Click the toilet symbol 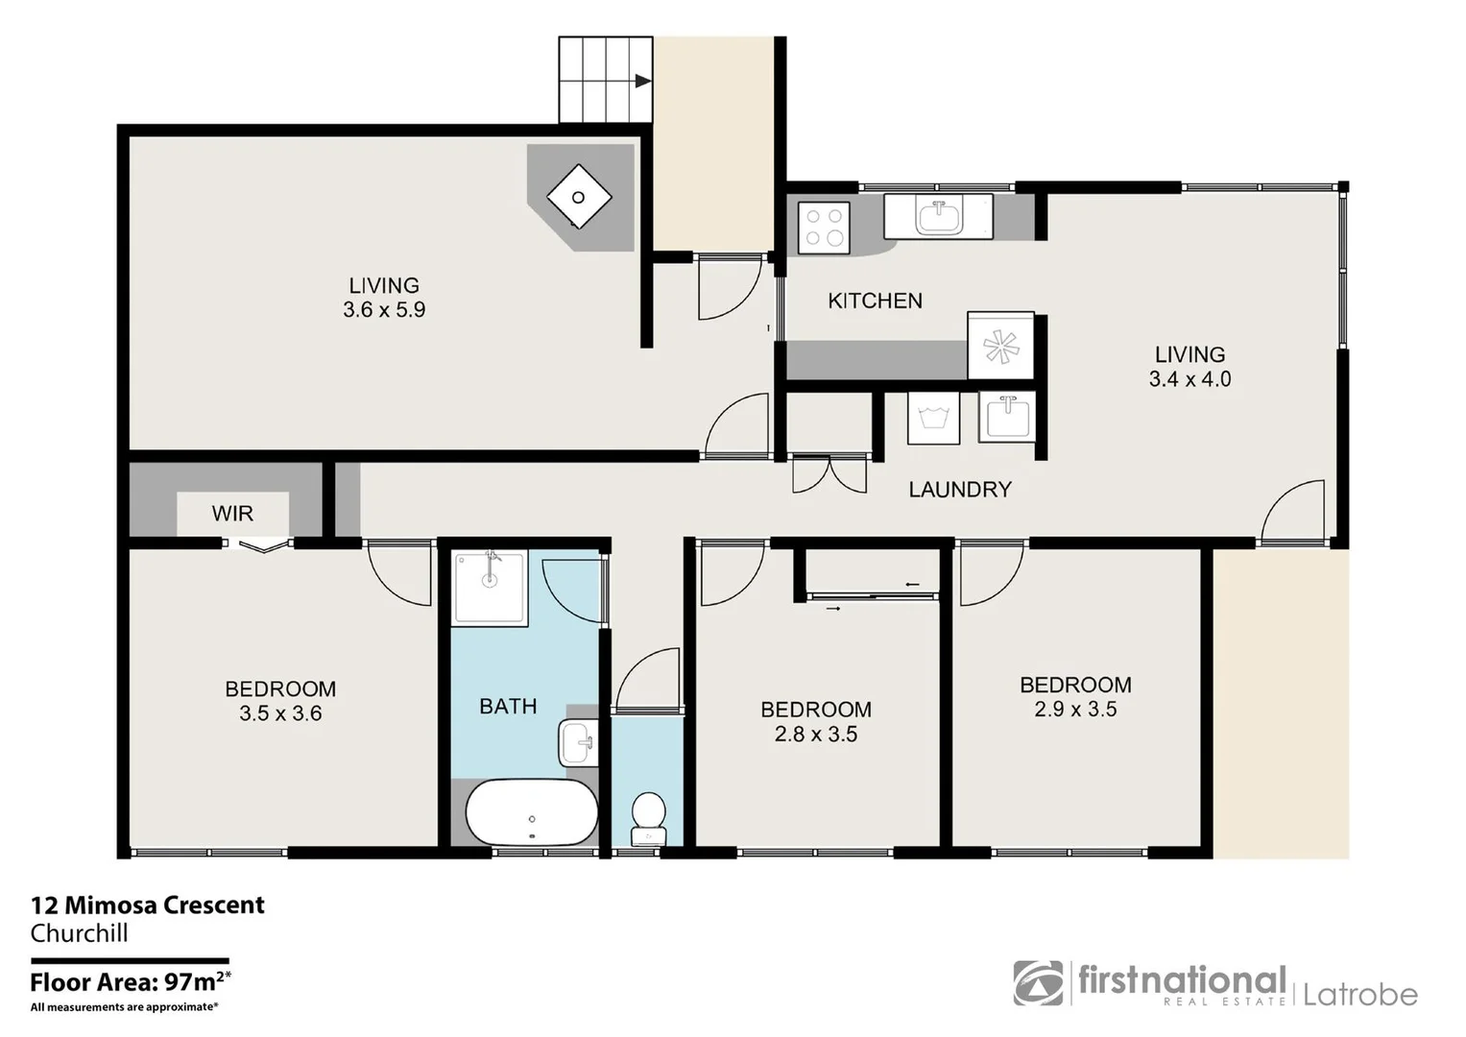[649, 814]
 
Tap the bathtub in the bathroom [531, 812]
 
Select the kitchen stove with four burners [824, 227]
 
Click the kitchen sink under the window [939, 216]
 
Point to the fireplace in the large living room [579, 198]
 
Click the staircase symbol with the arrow [606, 81]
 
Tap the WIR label [232, 514]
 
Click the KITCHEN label [875, 301]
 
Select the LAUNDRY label [959, 490]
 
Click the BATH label [508, 707]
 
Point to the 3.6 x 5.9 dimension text [384, 310]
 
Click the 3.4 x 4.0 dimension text [1190, 379]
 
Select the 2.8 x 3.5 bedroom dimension [816, 735]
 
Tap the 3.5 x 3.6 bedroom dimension [280, 713]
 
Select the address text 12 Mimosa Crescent [148, 905]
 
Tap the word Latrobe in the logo [1359, 995]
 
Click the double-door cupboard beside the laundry [829, 472]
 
